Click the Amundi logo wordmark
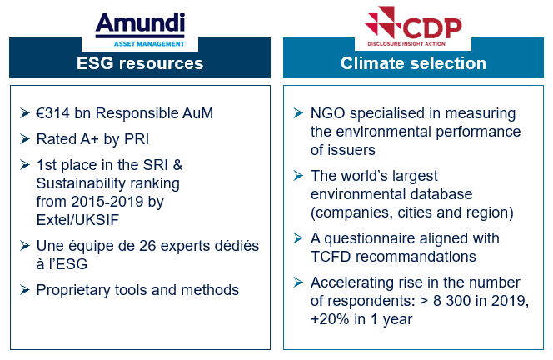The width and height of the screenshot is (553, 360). point(140,23)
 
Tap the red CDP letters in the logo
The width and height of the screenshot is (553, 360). point(431,28)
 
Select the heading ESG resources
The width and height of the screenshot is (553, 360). point(140,63)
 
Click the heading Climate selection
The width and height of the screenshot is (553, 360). point(413,63)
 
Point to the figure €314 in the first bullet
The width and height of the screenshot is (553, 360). point(53,113)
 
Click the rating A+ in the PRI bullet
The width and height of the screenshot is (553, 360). point(90,139)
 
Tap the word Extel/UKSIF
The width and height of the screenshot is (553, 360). point(77,220)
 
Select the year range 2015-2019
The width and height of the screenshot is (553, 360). point(107,202)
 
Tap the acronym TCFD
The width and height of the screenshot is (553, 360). point(331,257)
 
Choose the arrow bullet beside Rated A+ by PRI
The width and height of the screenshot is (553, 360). point(25,139)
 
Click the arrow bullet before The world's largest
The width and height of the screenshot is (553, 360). point(298,175)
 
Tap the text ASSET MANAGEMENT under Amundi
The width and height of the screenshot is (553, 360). point(149,44)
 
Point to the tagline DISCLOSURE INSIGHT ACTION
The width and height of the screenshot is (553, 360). point(406,44)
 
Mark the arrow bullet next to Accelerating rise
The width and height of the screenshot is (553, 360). point(298,282)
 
